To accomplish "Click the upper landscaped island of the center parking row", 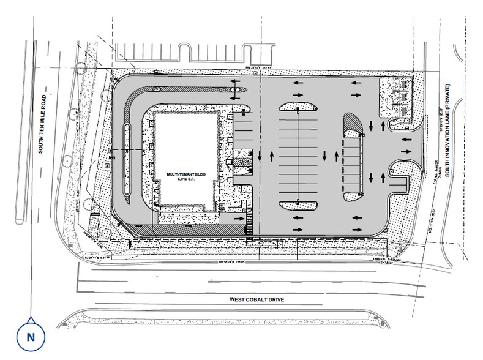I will click(x=298, y=107).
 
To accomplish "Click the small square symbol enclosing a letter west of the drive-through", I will click(x=107, y=165).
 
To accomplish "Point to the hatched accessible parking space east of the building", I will click(x=243, y=162).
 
